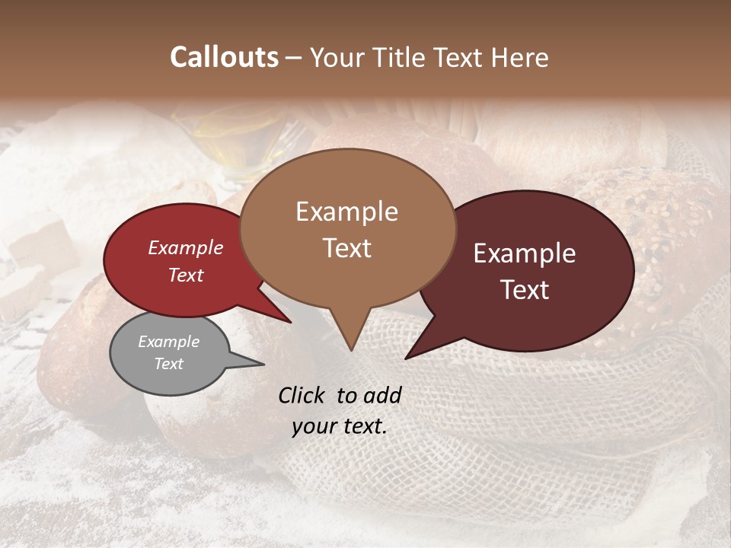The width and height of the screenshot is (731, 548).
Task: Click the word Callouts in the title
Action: [224, 57]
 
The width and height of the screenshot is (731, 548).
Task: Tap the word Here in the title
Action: [520, 57]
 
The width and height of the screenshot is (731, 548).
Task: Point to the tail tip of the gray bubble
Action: [263, 365]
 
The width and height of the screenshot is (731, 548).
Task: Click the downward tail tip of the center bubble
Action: [350, 350]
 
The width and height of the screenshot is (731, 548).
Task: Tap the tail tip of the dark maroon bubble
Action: [406, 358]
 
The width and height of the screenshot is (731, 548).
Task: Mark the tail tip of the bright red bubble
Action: [290, 322]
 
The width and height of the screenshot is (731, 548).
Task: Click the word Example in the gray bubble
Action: [168, 342]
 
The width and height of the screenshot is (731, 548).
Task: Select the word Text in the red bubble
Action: [186, 275]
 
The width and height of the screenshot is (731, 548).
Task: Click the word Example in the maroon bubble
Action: [525, 253]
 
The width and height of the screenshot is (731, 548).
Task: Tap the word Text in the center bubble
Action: [347, 248]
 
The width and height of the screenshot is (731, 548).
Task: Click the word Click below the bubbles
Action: [303, 395]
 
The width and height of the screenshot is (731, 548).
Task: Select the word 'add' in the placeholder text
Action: [381, 395]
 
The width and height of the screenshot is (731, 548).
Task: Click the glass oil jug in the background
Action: [236, 141]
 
